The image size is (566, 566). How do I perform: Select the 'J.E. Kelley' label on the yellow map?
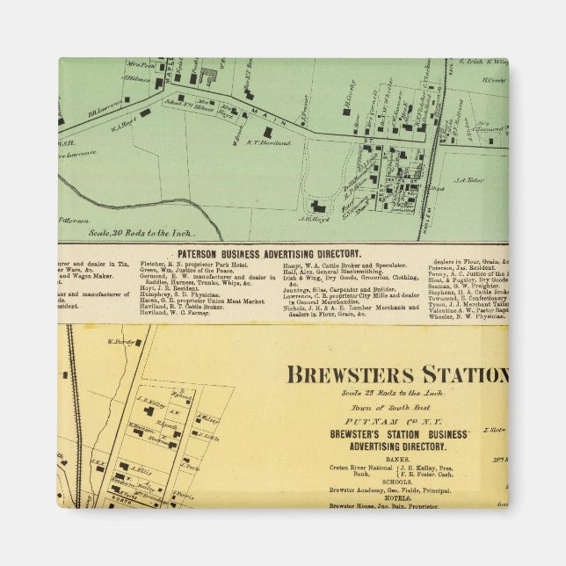coord(152,396)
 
